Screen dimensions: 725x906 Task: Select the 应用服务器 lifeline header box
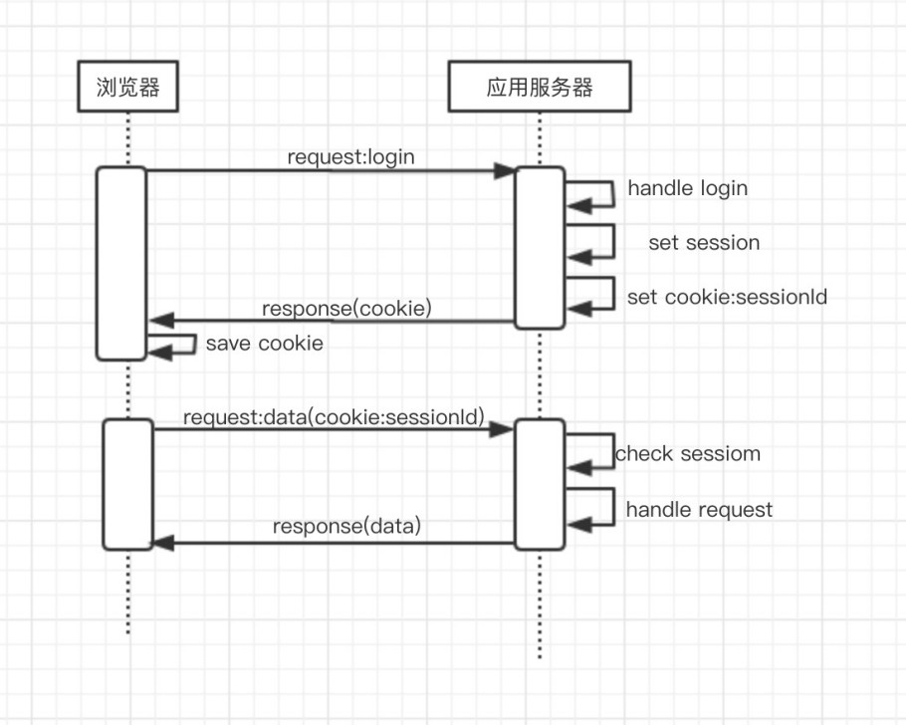540,87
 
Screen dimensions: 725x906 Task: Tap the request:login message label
350,156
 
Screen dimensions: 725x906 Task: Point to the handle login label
687,188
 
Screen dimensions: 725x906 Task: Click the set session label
703,242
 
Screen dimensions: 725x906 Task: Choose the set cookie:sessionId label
727,297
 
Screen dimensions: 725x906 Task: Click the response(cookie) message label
346,308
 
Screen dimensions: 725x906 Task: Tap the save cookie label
264,344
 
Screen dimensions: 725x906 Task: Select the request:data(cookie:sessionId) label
334,418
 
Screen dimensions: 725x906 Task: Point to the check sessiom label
688,454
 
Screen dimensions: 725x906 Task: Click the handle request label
699,510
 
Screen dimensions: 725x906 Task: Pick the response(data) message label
346,526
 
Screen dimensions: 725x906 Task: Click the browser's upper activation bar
121,263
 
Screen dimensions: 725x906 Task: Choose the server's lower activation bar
540,484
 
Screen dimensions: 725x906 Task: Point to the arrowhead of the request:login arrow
505,171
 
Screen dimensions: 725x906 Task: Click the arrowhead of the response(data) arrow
162,543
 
